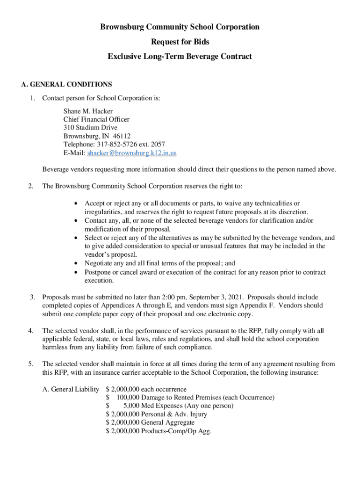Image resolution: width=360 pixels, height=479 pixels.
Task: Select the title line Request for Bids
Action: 180,42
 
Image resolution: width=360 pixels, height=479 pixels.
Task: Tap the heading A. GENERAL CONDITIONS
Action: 67,85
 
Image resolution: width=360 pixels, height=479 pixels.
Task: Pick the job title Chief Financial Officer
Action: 96,119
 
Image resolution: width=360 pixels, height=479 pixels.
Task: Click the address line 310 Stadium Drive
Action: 90,128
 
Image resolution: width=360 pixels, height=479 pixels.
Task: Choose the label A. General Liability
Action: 71,389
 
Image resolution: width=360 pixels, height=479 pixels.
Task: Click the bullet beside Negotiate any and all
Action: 77,263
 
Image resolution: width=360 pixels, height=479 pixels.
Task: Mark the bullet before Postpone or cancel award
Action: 77,272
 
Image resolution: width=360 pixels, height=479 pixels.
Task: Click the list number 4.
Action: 30,330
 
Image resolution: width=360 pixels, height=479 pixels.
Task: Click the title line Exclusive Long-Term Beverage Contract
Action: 180,57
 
